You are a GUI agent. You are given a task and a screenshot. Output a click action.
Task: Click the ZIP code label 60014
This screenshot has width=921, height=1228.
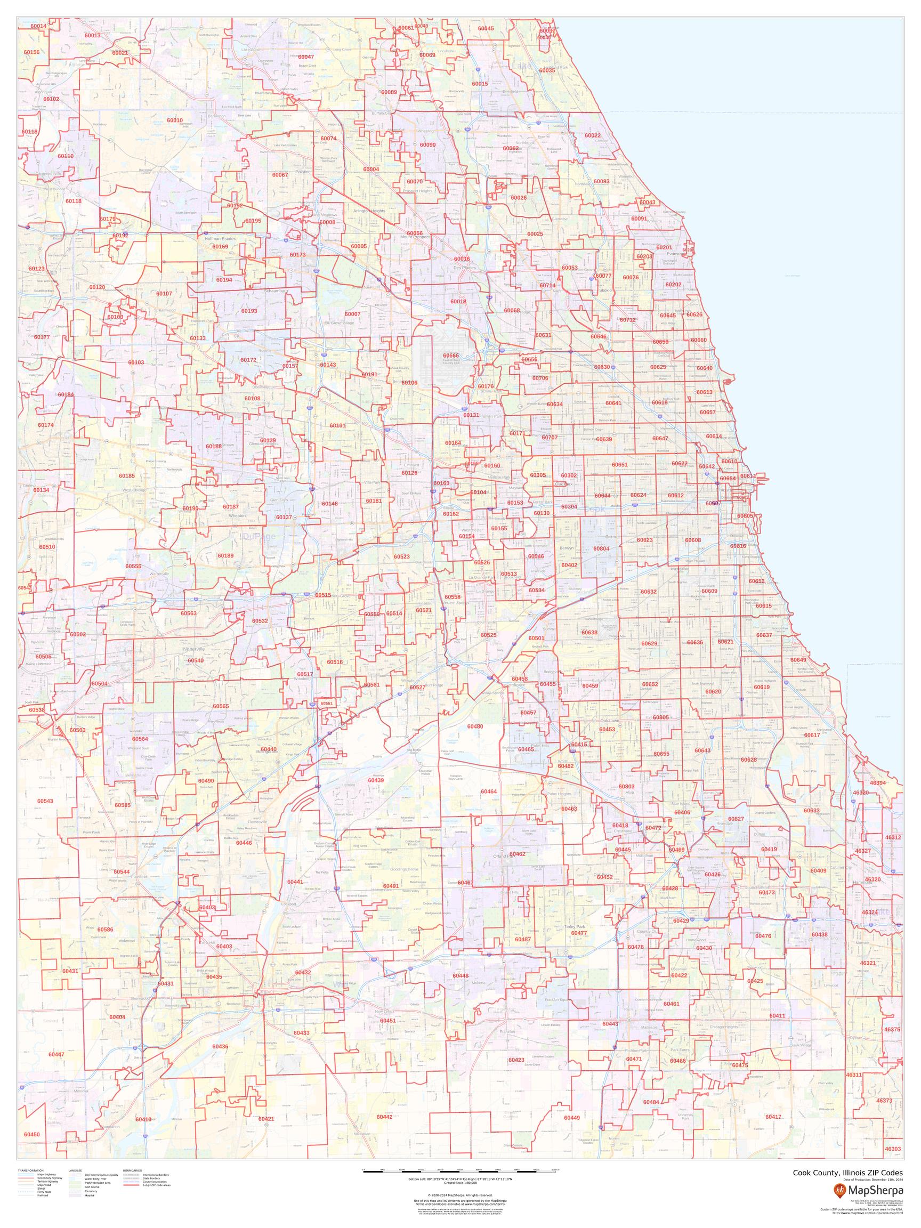click(x=38, y=26)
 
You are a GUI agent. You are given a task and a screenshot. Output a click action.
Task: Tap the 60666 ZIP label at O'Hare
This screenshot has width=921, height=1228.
click(x=451, y=356)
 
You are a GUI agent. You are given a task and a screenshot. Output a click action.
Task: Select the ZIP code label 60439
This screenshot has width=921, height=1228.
click(x=376, y=779)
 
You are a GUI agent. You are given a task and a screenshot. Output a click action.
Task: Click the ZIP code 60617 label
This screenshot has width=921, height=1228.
click(x=812, y=735)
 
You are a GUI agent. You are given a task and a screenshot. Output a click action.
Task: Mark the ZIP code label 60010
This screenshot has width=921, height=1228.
click(x=174, y=120)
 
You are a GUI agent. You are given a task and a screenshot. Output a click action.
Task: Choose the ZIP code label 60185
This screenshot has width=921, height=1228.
click(x=126, y=476)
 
